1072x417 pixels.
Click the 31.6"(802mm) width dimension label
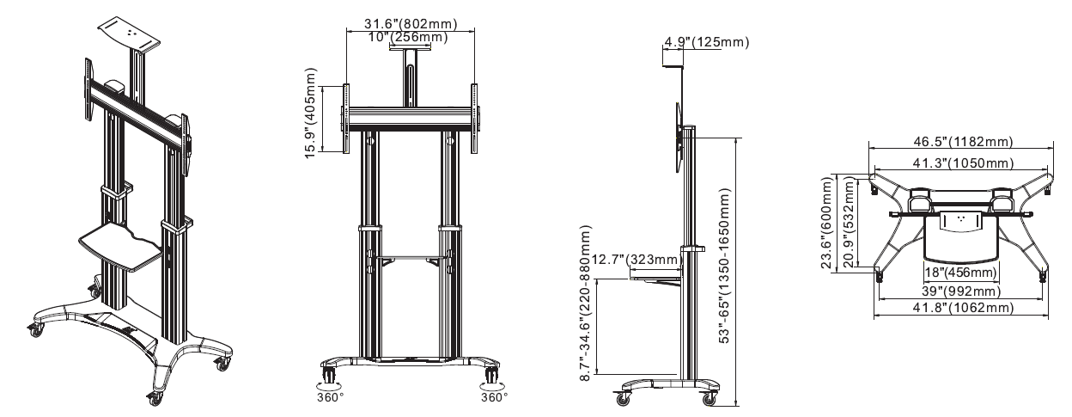point(411,23)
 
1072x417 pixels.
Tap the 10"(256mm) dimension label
point(408,37)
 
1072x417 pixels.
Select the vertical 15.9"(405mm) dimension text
point(311,113)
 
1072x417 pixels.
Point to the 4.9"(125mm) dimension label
point(706,42)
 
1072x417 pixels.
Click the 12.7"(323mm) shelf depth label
point(636,260)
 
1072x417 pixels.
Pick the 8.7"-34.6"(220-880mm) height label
point(586,303)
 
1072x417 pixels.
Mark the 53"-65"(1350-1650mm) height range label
point(725,266)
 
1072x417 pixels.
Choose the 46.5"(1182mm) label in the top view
point(964,142)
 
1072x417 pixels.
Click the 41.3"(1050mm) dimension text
point(963,163)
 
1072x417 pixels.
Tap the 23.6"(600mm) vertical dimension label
point(827,223)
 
